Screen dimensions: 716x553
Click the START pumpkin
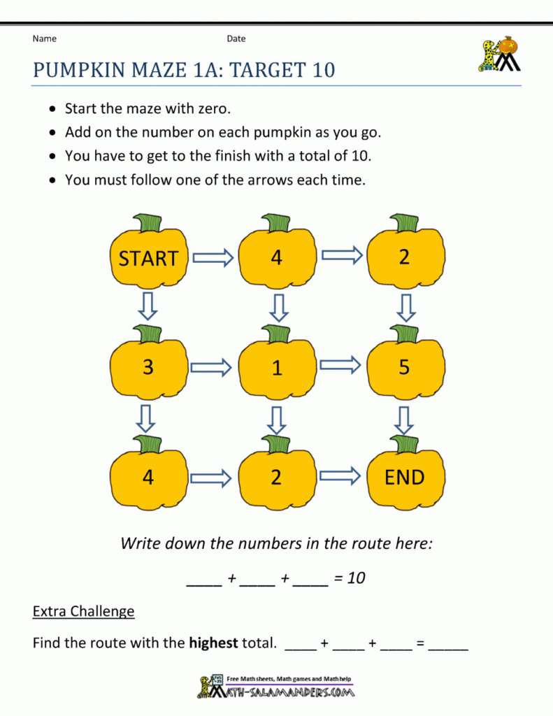[x=148, y=258]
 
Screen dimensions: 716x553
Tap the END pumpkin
[x=405, y=478]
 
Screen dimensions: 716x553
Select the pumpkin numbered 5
[x=405, y=367]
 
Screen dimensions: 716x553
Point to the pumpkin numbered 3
[x=148, y=367]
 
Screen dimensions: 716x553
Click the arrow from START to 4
[x=213, y=258]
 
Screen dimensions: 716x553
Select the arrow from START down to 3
[x=147, y=306]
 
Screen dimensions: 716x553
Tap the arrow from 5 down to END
[x=403, y=420]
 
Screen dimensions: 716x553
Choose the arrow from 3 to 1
[x=213, y=366]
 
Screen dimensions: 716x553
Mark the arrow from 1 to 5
[x=340, y=364]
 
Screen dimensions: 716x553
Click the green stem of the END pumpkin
[x=405, y=443]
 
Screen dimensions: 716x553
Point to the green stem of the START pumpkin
[x=149, y=223]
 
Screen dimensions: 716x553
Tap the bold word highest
[x=213, y=643]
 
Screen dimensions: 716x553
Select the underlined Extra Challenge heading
[x=83, y=611]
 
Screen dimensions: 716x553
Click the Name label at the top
[x=44, y=38]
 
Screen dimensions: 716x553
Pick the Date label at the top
[x=236, y=38]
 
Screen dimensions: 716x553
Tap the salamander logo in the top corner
[x=499, y=54]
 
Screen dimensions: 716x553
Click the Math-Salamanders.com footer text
[x=287, y=692]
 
